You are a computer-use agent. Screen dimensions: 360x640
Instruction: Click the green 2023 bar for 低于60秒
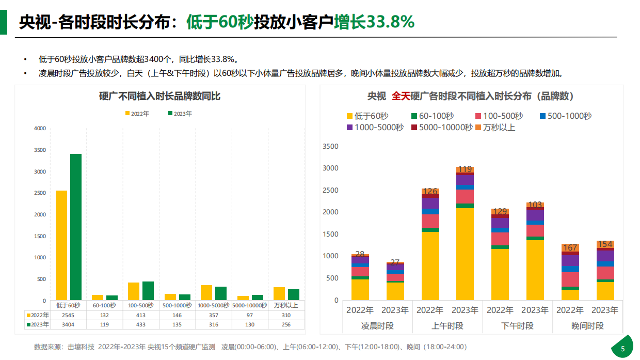(x=76, y=227)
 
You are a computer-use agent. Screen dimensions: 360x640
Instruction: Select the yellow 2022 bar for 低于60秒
(x=61, y=245)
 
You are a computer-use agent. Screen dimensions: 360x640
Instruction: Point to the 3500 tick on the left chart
(x=40, y=150)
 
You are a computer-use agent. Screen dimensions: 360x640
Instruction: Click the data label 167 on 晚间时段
(x=570, y=248)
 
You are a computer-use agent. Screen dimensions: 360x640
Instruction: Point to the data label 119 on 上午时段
(x=465, y=169)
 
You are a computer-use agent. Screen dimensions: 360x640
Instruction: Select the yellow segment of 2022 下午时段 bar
(x=500, y=274)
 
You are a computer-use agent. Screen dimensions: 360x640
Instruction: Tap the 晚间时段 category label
(x=588, y=326)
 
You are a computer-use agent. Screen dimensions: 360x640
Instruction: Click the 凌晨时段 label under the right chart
(x=377, y=326)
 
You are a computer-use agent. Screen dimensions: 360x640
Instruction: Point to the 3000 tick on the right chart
(x=330, y=168)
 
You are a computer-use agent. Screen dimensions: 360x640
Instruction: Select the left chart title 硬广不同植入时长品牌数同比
(x=159, y=96)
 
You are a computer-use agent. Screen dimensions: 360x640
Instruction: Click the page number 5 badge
(x=622, y=349)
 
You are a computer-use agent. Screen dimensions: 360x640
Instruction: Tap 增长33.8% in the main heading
(x=374, y=22)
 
